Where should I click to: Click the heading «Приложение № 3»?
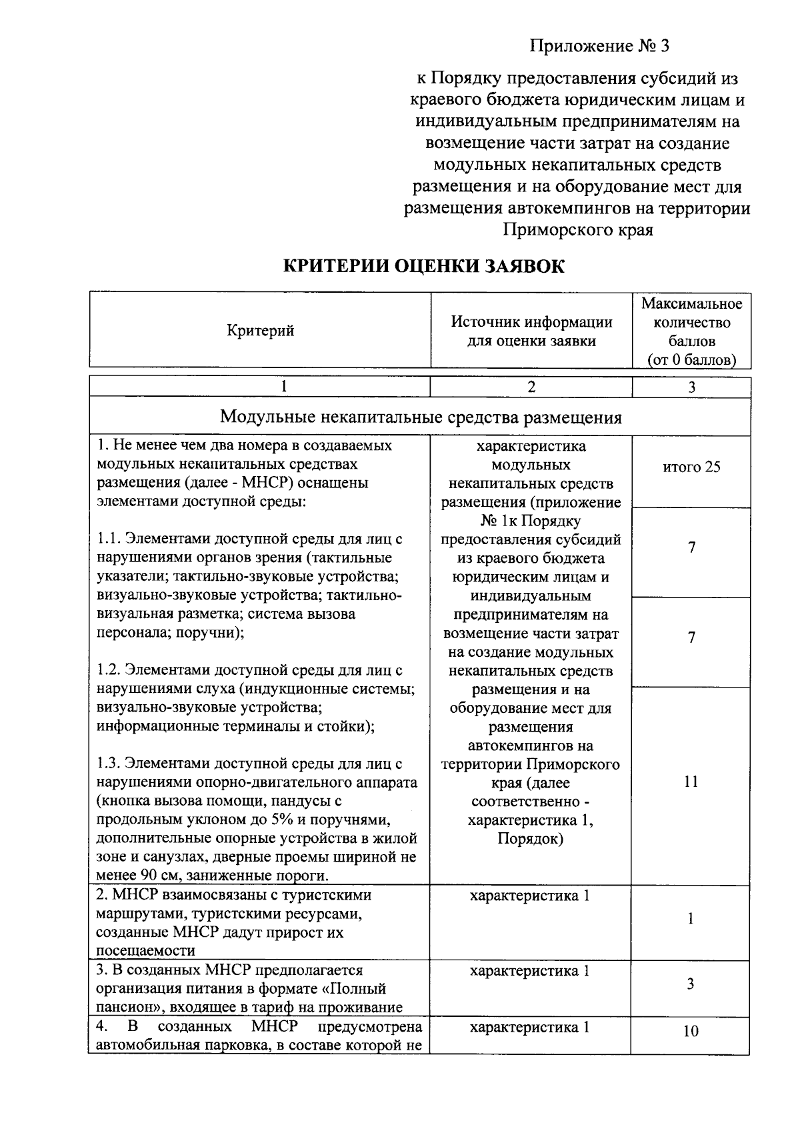point(599,46)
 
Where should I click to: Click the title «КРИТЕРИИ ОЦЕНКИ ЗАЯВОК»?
point(424,266)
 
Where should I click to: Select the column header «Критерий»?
point(261,331)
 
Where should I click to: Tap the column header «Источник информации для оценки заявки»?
point(531,331)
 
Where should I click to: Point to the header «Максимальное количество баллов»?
point(691,331)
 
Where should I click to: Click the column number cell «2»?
point(531,387)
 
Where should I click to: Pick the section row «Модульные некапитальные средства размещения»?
point(421,417)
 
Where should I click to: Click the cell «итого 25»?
point(691,467)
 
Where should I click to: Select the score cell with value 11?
point(691,782)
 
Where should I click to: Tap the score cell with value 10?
point(691,1031)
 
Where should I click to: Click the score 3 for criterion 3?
point(691,984)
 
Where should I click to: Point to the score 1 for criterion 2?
point(691,918)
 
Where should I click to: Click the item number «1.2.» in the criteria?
point(109,670)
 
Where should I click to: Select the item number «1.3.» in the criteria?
point(109,764)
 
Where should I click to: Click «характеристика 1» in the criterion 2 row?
point(530,896)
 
